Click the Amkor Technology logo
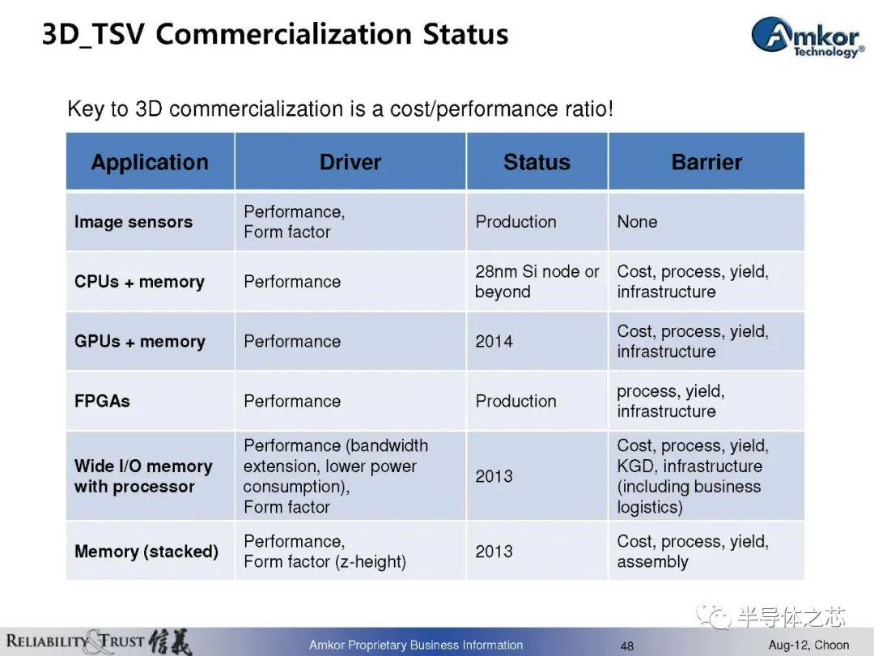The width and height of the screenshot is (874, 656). click(808, 36)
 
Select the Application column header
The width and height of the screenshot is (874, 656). click(150, 162)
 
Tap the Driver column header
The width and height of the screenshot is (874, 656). click(350, 162)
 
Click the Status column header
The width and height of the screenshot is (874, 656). click(537, 162)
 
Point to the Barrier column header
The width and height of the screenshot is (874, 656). click(706, 162)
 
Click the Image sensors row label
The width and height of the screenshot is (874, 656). click(134, 222)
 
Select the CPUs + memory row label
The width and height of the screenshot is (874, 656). click(139, 282)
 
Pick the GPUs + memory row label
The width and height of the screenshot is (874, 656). click(140, 342)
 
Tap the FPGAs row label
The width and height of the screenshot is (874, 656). click(102, 401)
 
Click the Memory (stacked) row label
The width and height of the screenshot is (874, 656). click(146, 552)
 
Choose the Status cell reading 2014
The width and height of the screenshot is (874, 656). click(494, 342)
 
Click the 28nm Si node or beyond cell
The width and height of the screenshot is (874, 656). click(537, 282)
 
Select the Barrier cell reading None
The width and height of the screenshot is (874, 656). click(637, 222)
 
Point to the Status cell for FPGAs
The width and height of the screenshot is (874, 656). click(515, 401)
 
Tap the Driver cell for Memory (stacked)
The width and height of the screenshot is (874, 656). click(325, 552)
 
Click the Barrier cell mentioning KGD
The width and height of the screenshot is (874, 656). click(693, 476)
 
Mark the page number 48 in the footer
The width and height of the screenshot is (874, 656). click(627, 646)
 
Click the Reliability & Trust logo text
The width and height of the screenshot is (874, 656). click(98, 641)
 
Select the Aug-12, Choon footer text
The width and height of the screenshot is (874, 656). click(808, 645)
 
